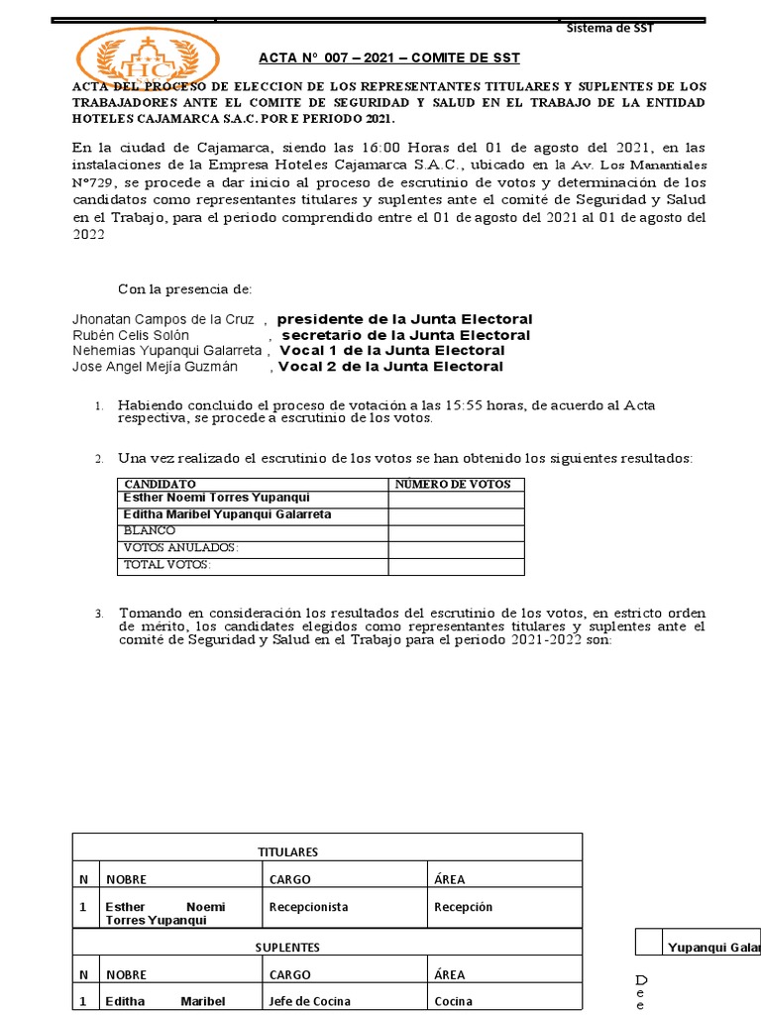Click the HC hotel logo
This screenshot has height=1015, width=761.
tap(149, 59)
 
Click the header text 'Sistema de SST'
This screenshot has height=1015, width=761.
tap(609, 28)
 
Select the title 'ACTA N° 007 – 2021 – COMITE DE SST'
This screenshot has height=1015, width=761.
tap(389, 58)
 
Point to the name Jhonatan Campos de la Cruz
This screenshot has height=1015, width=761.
tap(163, 319)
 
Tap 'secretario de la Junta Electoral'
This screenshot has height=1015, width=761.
tap(406, 335)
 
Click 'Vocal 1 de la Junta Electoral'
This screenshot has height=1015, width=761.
tap(392, 351)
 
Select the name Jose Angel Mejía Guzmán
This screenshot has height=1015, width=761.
tap(155, 367)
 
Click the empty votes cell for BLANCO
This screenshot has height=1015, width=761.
tap(456, 532)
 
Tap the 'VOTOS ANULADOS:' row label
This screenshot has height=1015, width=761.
tap(180, 548)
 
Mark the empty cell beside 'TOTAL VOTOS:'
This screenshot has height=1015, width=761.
tap(456, 565)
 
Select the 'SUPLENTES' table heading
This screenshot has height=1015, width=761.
tap(287, 948)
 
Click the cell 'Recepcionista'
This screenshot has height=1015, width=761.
tap(309, 907)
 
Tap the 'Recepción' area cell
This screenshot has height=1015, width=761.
tap(463, 907)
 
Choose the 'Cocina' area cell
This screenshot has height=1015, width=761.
tap(454, 1001)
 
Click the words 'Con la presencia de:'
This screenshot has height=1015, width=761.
tap(185, 289)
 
